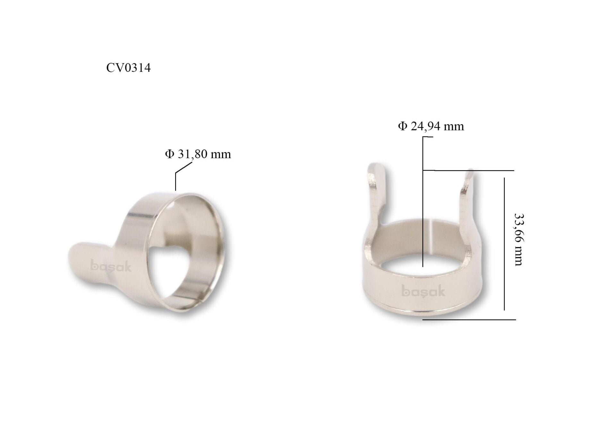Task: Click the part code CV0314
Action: click(128, 68)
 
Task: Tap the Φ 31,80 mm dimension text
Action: click(198, 154)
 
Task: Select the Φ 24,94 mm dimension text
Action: click(431, 126)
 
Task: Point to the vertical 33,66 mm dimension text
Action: click(518, 239)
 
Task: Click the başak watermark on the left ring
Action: click(111, 266)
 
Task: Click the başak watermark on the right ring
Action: click(423, 291)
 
